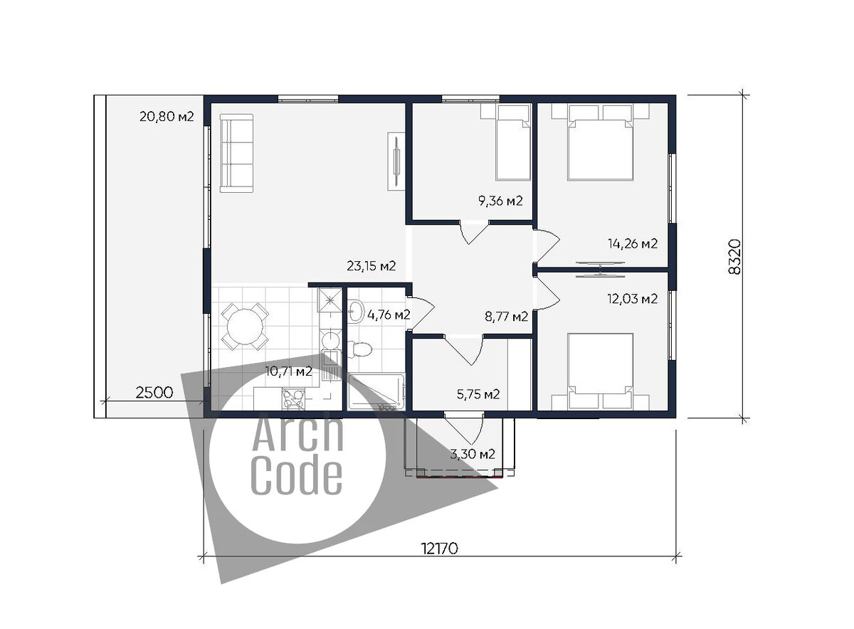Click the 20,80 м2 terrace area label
point(167,116)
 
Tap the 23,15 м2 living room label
point(371,265)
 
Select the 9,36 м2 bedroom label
point(500,201)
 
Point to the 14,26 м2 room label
point(633,243)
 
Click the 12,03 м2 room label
point(633,299)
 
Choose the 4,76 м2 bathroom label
point(389,315)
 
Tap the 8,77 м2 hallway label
point(506,317)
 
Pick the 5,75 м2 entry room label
point(478,394)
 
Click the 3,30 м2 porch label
point(473,454)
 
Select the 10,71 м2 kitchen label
point(289,371)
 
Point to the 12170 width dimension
point(440,549)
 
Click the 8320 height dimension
point(734,257)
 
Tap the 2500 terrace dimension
point(154,393)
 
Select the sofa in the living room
point(236,153)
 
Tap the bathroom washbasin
point(356,312)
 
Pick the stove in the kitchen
point(293,399)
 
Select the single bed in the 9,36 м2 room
point(513,143)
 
